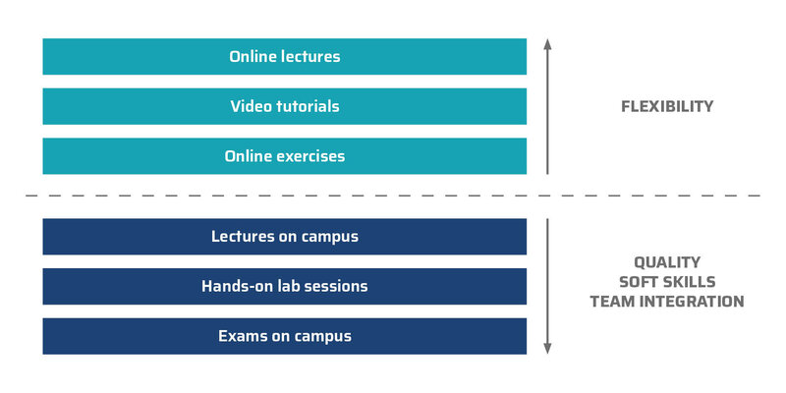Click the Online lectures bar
click(284, 57)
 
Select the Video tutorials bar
click(284, 106)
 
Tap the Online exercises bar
click(284, 156)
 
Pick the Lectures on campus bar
click(284, 236)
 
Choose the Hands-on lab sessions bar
click(284, 286)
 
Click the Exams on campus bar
click(284, 336)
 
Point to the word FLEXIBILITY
click(667, 106)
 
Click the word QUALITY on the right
click(667, 262)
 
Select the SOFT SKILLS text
click(667, 282)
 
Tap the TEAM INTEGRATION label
click(667, 302)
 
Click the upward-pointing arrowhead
click(547, 43)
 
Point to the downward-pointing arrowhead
click(547, 349)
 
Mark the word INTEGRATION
click(695, 302)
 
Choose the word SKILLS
click(690, 282)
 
